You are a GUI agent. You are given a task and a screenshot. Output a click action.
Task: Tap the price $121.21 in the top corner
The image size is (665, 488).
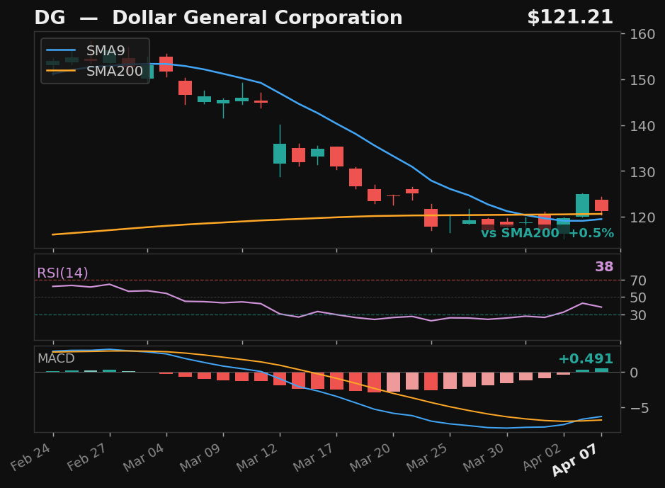point(569,18)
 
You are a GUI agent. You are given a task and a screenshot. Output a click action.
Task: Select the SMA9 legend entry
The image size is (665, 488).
point(105,51)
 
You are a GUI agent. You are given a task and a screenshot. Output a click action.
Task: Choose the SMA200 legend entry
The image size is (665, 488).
point(114,72)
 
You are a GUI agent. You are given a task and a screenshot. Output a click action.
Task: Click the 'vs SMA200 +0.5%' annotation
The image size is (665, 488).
point(547,234)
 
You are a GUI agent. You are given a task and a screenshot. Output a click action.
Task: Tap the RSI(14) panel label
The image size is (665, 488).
point(62,273)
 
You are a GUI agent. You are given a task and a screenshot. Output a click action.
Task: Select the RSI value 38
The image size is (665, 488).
point(603,267)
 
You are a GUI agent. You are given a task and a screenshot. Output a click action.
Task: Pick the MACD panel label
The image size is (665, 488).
point(56,359)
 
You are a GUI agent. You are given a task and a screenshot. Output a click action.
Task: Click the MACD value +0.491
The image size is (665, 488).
point(585,359)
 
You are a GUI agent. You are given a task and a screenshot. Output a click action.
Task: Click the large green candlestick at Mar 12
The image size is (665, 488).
point(280,154)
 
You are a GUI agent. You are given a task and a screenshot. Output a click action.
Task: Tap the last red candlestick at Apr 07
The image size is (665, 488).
point(601,205)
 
